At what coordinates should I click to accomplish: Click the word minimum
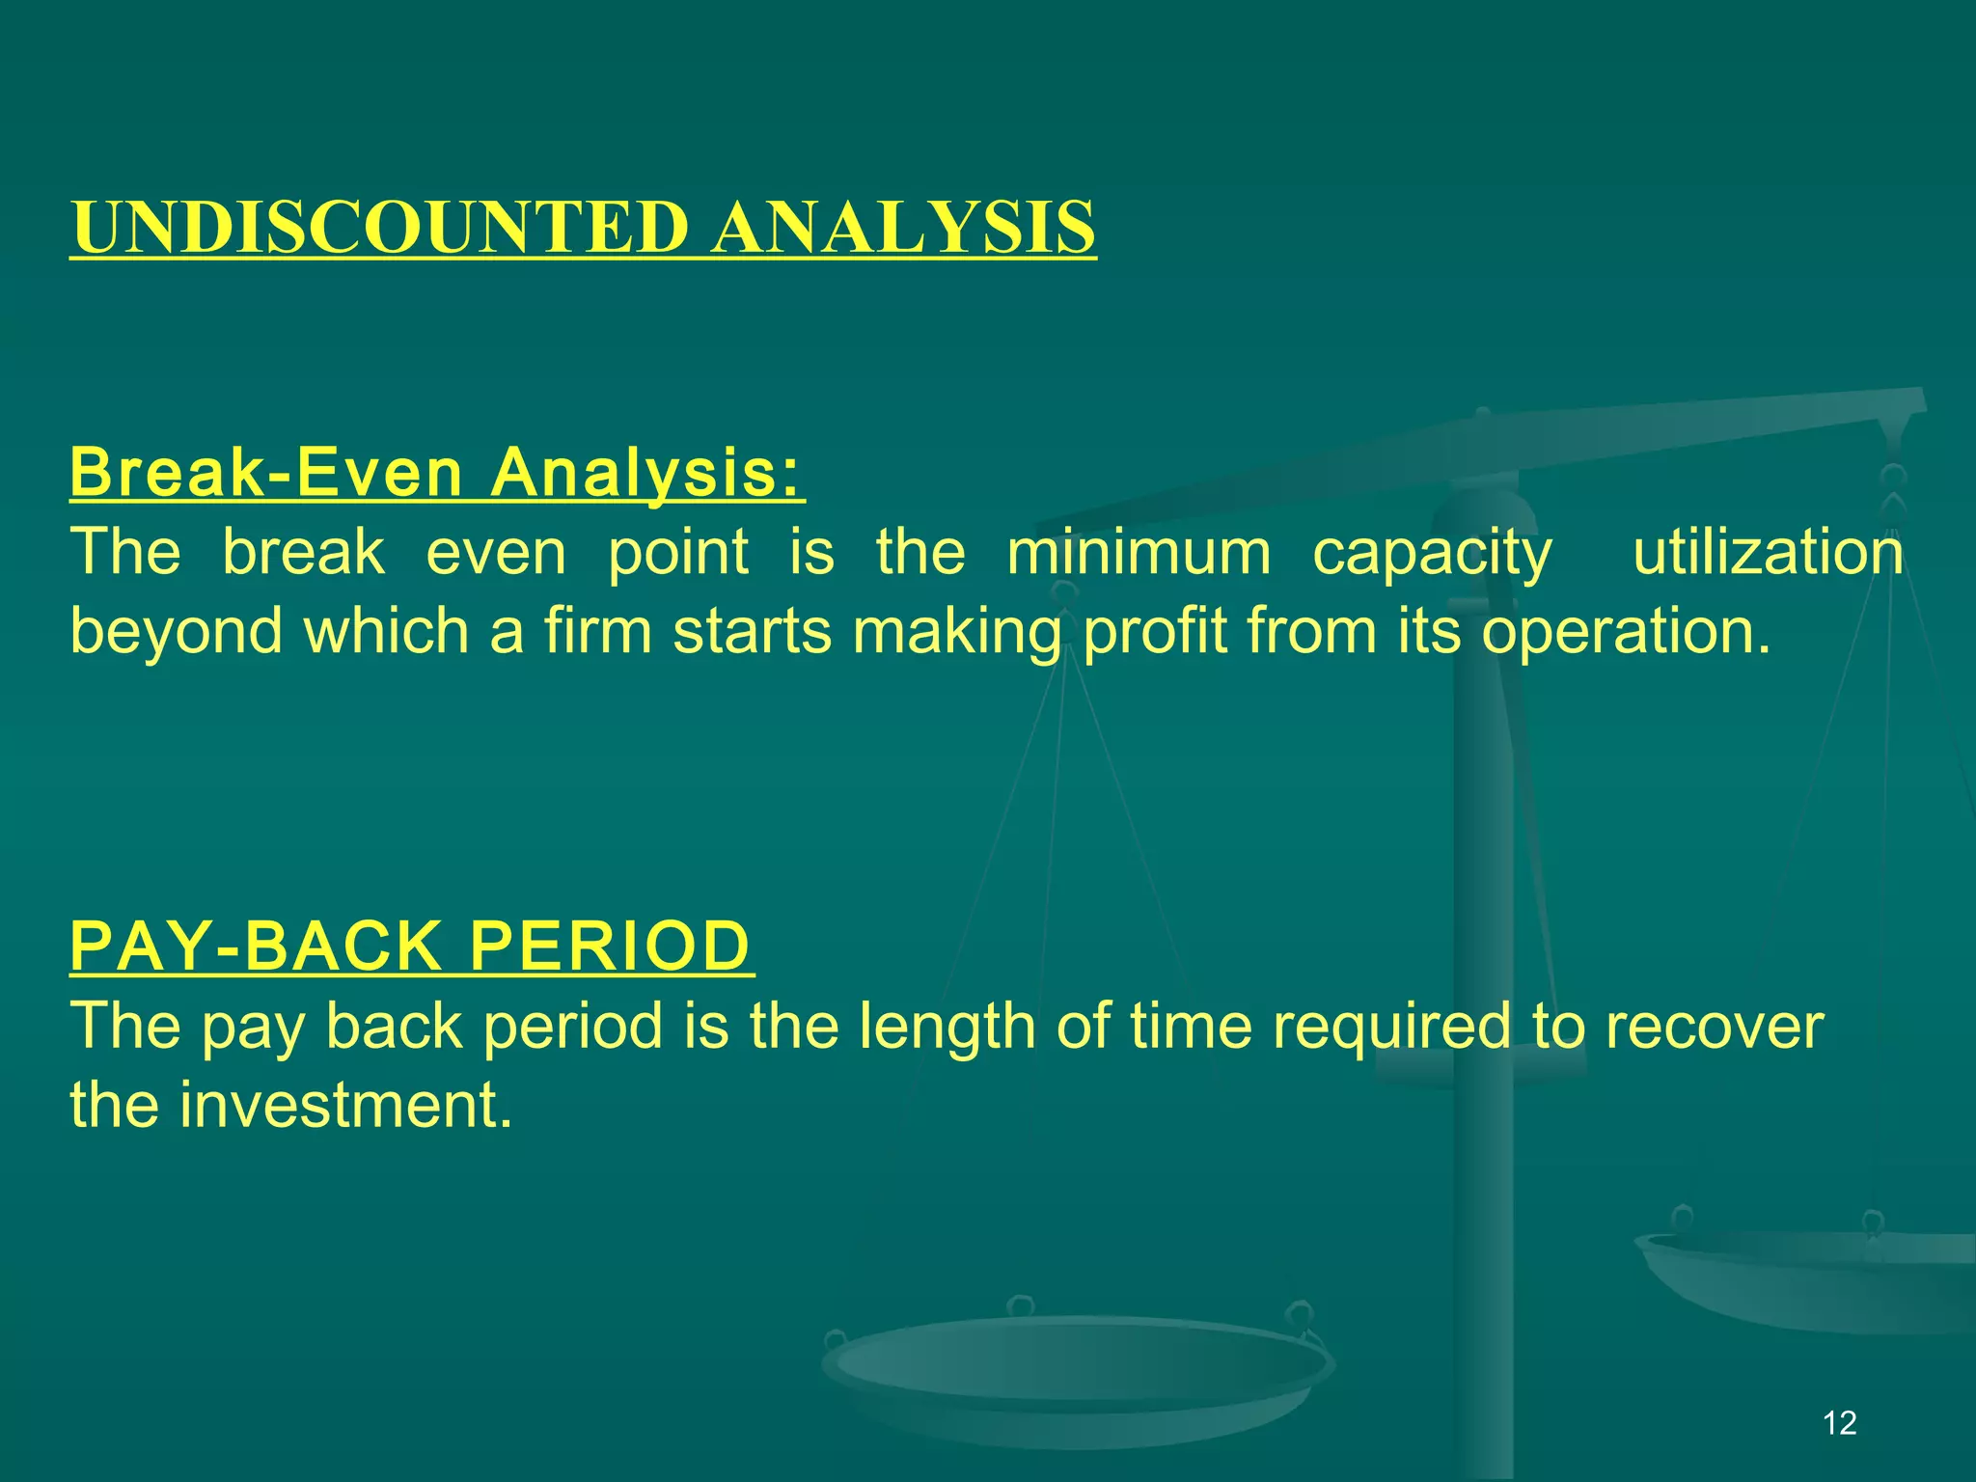(x=1139, y=553)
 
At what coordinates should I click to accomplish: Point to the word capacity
(x=1432, y=555)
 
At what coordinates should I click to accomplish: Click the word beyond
(x=177, y=632)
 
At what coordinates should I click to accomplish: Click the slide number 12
(x=1840, y=1423)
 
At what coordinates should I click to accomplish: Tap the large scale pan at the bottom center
(x=1076, y=1370)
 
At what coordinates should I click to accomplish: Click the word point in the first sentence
(x=678, y=553)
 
